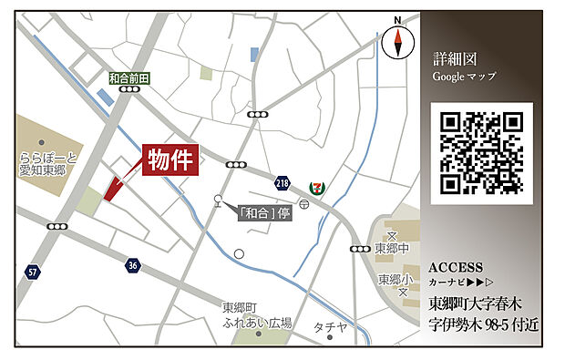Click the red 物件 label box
coord(171,159)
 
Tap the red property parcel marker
coord(113,188)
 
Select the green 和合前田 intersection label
coord(128,78)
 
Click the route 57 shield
coord(33,272)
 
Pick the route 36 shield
coord(133,265)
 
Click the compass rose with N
coord(397,39)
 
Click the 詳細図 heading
coord(455,57)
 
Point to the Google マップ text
coord(464,76)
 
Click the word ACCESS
coord(455,267)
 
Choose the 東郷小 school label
coord(394,280)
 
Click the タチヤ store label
coord(330,327)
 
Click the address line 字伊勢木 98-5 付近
coord(485,324)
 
